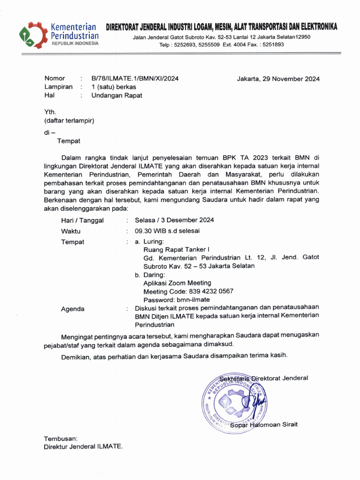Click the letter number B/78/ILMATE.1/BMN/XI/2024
click(135, 78)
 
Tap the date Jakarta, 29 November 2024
click(278, 79)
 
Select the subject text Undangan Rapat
click(116, 95)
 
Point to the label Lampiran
click(59, 87)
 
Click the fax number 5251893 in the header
click(273, 45)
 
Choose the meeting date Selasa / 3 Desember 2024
click(174, 220)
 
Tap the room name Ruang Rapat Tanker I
click(176, 250)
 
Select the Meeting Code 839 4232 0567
click(188, 291)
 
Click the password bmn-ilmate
click(177, 300)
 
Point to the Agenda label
click(73, 309)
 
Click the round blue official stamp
click(233, 402)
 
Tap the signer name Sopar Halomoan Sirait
click(267, 425)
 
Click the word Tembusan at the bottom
click(60, 438)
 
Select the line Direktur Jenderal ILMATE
click(83, 447)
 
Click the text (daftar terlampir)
click(69, 120)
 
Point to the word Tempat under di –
click(69, 141)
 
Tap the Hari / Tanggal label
click(82, 220)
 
